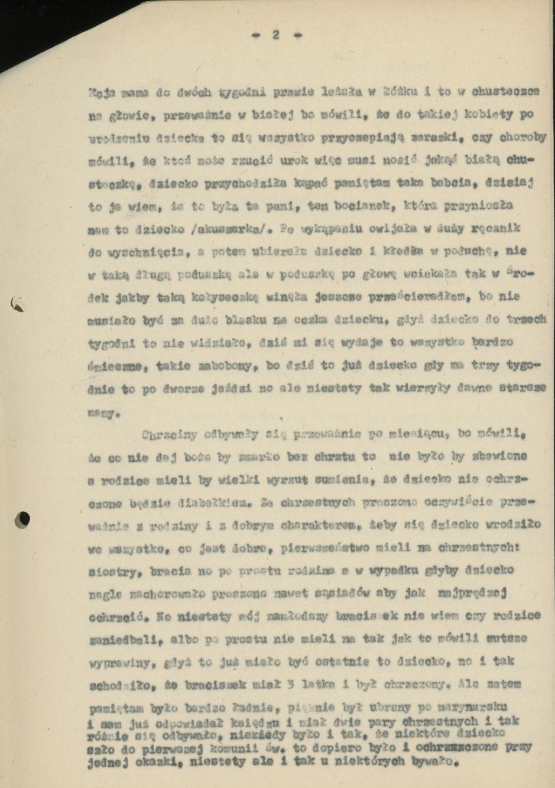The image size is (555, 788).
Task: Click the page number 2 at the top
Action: (x=276, y=35)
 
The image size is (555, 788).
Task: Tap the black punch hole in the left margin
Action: (x=24, y=519)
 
